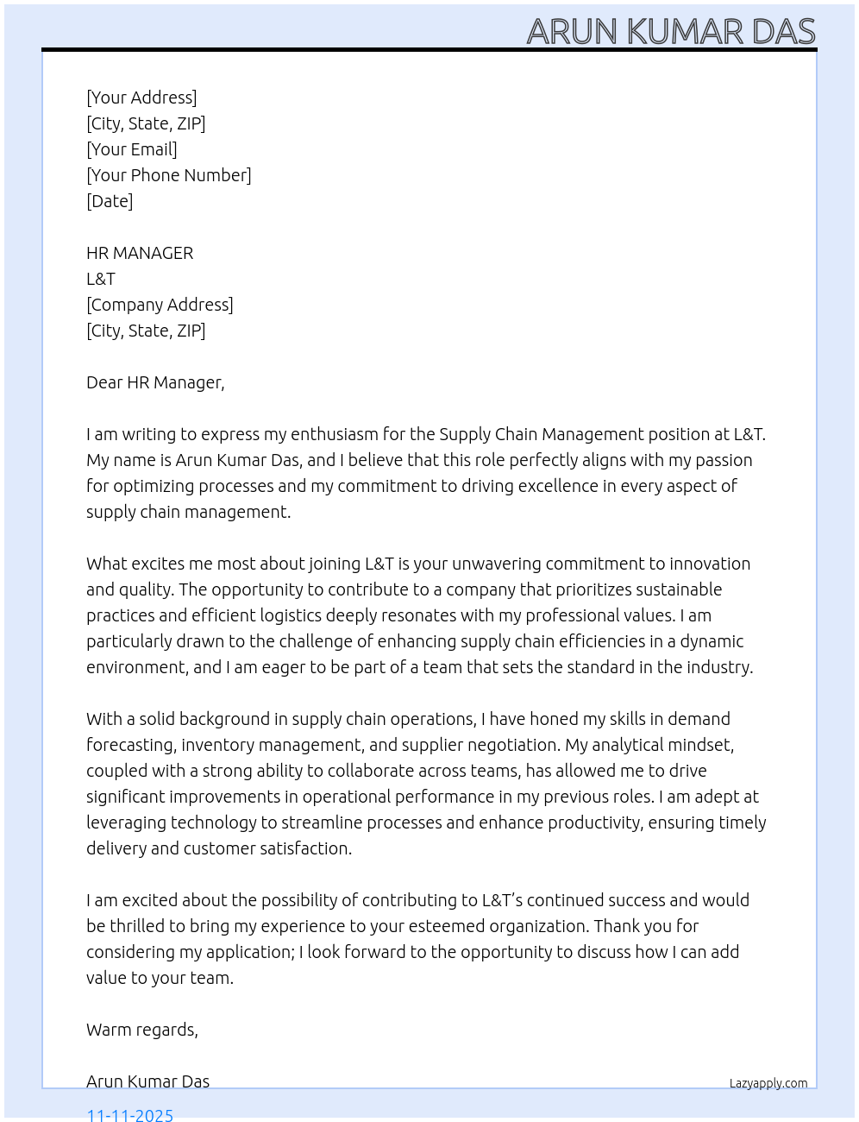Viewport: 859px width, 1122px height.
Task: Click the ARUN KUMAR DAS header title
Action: click(670, 31)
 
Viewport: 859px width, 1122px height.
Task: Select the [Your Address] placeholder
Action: click(141, 98)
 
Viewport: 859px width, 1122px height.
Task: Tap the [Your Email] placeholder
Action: click(131, 149)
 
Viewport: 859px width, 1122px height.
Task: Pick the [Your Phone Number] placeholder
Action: click(168, 175)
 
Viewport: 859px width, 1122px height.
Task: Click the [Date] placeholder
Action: click(110, 201)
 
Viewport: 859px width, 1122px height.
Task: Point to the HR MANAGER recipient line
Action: click(140, 253)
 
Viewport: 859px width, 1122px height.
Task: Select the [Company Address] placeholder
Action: click(160, 305)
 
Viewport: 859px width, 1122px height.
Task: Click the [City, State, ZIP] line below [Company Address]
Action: click(146, 331)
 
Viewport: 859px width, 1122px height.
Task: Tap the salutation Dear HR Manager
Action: click(155, 382)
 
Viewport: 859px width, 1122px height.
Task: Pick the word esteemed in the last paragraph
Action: click(452, 926)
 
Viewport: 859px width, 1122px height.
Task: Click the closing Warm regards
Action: click(141, 1030)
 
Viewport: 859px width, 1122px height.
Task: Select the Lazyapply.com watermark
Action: click(768, 1083)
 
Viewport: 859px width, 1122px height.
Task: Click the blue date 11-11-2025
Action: click(130, 1114)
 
